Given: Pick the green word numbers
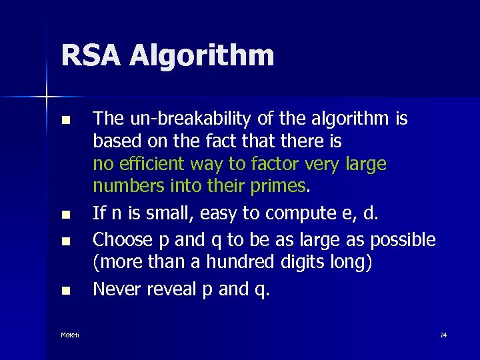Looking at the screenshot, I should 127,186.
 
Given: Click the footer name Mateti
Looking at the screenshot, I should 69,335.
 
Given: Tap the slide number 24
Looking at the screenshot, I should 443,335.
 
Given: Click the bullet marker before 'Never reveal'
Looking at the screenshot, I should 65,291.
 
